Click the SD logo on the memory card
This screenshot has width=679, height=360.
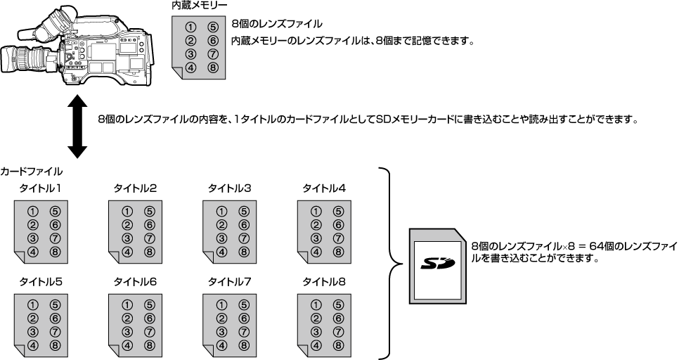pyautogui.click(x=436, y=264)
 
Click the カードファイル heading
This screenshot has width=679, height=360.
pyautogui.click(x=32, y=171)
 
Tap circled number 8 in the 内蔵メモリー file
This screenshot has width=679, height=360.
pyautogui.click(x=214, y=67)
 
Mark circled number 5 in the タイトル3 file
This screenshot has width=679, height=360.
pyautogui.click(x=243, y=211)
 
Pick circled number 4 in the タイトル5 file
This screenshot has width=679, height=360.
pyautogui.click(x=32, y=345)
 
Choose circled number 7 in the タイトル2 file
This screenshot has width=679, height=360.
pyautogui.click(x=149, y=238)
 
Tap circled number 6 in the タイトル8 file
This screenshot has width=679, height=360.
pyautogui.click(x=338, y=319)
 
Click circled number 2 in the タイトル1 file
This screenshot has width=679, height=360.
pyautogui.click(x=32, y=224)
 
